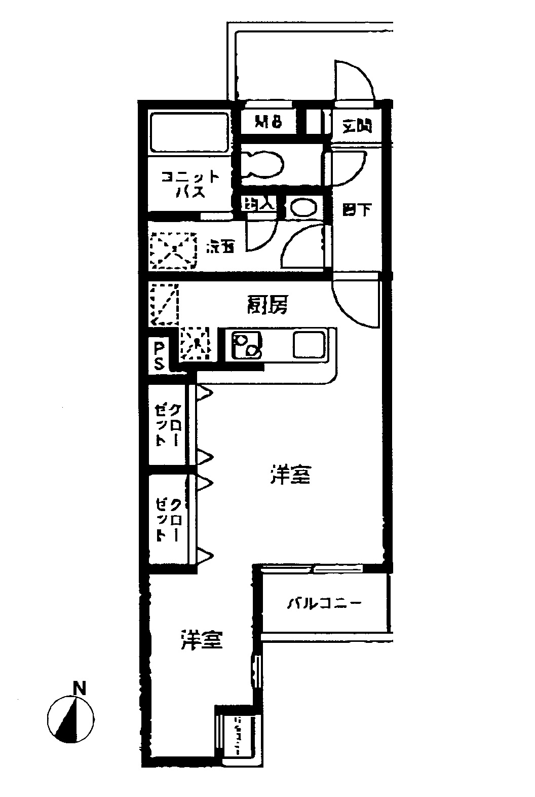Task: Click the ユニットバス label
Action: tap(190, 185)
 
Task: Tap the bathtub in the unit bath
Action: tap(189, 133)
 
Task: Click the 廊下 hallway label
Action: tap(357, 209)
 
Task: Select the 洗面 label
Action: tap(220, 248)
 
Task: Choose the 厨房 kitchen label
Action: tap(267, 305)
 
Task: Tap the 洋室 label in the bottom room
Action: tap(201, 640)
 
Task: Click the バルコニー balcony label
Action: tap(324, 603)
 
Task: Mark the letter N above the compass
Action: tap(79, 689)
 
